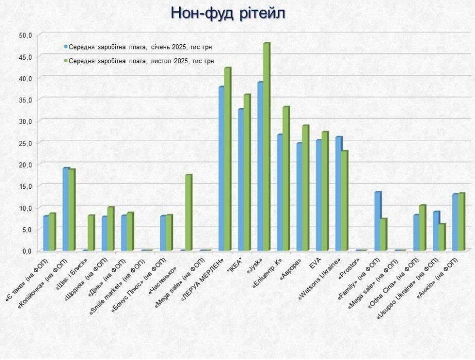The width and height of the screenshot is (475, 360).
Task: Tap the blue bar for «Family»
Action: (377, 221)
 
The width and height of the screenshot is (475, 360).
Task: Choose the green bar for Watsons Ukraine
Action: (344, 201)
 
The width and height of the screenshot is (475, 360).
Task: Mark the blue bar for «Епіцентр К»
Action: (280, 192)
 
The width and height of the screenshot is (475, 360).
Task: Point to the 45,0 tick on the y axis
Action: (25, 57)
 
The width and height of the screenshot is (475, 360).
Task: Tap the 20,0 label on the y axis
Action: (25, 164)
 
